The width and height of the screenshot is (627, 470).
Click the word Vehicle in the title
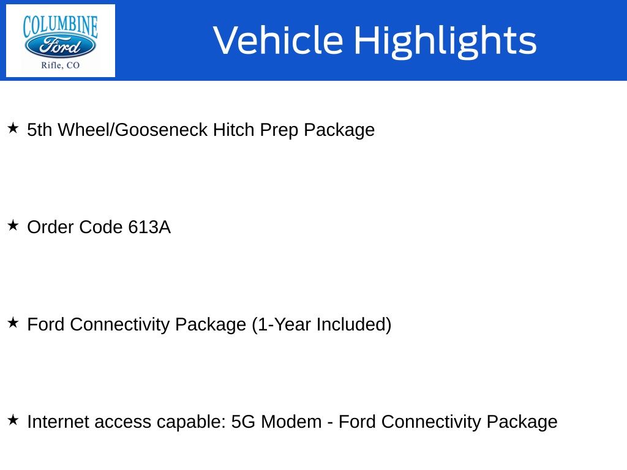tap(279, 40)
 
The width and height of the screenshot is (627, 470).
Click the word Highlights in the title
tap(445, 41)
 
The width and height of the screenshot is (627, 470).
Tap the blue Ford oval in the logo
tap(61, 46)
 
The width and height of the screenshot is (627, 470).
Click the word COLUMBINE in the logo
tap(61, 26)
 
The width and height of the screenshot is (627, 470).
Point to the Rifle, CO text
tap(61, 65)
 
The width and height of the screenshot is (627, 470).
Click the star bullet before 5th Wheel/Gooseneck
tap(13, 129)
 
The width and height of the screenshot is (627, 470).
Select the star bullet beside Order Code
tap(13, 225)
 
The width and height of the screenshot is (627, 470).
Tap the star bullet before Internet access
tap(13, 420)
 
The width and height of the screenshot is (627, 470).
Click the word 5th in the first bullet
tap(40, 130)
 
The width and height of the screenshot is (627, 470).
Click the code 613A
tap(149, 227)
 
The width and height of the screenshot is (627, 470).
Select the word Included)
tap(354, 324)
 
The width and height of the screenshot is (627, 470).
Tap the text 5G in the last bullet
tap(243, 422)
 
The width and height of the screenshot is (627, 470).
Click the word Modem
tap(291, 422)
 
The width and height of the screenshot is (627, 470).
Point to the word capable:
tap(191, 422)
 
